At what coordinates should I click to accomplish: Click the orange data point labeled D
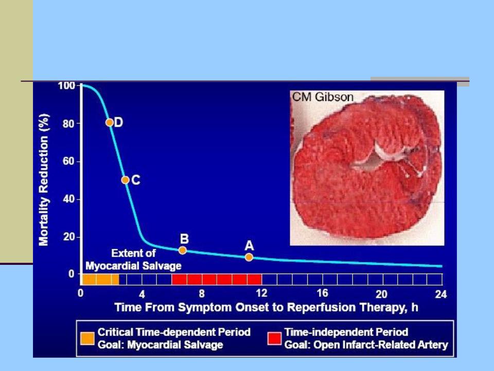pos(110,123)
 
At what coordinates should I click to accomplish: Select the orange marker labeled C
pos(125,180)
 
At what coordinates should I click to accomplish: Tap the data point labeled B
pos(182,250)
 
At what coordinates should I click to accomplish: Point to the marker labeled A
pos(249,257)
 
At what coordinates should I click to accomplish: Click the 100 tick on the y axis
pos(66,86)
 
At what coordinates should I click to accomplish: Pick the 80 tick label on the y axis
pos(68,124)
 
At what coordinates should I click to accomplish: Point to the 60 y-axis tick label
pos(68,161)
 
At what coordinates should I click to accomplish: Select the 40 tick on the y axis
pos(68,199)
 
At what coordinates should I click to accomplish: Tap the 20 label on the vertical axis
pos(68,237)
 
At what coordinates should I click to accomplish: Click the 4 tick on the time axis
pos(142,294)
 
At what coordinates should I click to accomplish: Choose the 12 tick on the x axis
pos(261,293)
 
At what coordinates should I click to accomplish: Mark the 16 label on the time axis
pos(322,293)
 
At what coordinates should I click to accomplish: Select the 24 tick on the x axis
pos(441,294)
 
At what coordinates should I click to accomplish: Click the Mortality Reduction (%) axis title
pos(44,179)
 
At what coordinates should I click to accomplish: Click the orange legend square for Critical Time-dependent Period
pos(87,339)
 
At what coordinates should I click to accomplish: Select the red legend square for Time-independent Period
pos(274,339)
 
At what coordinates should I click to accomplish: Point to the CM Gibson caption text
pos(323,97)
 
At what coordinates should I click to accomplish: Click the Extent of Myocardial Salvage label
pos(134,260)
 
